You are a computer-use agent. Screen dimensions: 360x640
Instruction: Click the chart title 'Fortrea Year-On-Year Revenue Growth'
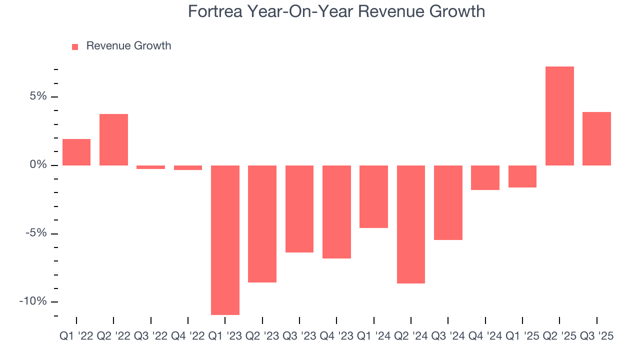[336, 11]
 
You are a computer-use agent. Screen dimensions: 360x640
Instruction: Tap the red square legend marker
[75, 46]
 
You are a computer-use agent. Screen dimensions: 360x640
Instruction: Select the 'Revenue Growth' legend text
[128, 46]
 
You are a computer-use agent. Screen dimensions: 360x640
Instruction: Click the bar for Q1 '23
[225, 240]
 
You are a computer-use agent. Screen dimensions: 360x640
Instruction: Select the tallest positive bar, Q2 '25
[559, 116]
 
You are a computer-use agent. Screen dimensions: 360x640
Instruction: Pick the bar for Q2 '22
[113, 139]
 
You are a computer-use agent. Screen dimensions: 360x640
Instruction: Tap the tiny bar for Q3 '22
[150, 167]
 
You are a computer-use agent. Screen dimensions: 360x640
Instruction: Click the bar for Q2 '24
[411, 224]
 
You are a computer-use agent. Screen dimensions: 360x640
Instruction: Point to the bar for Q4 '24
[485, 177]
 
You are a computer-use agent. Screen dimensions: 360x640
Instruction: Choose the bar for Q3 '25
[596, 138]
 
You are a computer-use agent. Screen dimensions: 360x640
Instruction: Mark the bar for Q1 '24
[374, 196]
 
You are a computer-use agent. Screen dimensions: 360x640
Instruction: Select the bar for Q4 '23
[336, 212]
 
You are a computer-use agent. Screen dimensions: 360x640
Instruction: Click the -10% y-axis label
[33, 301]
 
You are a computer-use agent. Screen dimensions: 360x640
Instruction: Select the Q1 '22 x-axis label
[76, 336]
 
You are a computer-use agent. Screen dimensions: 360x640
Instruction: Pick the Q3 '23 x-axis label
[299, 336]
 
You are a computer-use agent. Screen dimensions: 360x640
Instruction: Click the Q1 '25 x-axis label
[522, 336]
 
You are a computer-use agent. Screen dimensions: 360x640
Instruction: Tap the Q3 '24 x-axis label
[448, 336]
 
